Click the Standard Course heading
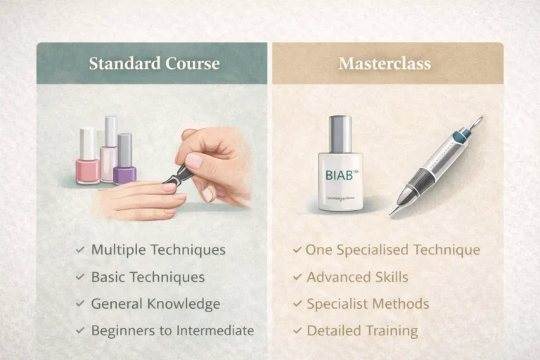[x=154, y=64]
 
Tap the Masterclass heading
[x=385, y=64]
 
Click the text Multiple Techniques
[x=158, y=250]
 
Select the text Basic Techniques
[x=148, y=277]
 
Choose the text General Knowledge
[x=155, y=304]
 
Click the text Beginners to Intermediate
[x=172, y=330]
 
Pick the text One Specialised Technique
[x=392, y=250]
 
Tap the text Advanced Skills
[x=357, y=277]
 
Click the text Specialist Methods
[x=368, y=304]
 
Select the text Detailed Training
[x=362, y=330]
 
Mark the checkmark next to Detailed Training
[x=297, y=330]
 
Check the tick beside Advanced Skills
[x=297, y=277]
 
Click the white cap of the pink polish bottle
[x=87, y=143]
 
